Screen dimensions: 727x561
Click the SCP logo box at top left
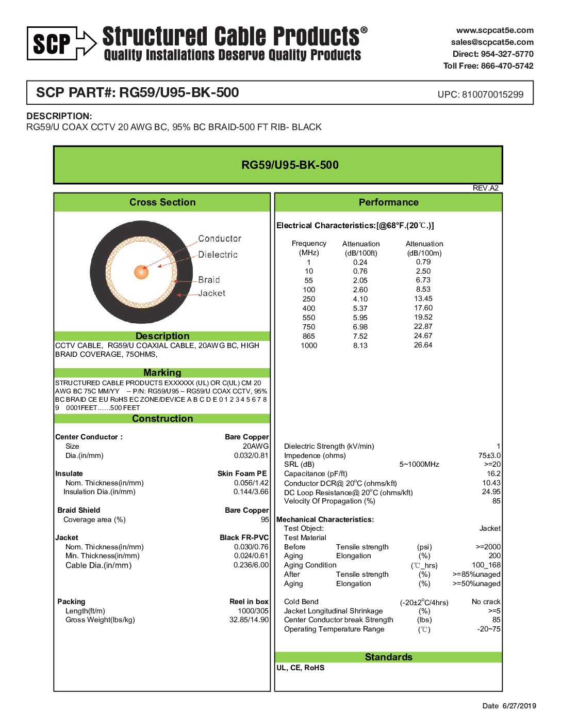(x=52, y=43)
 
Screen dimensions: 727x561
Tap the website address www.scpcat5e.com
(x=494, y=30)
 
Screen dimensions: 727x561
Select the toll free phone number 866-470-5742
(x=507, y=66)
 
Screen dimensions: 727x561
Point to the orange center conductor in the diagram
(x=141, y=272)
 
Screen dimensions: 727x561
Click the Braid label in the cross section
(x=209, y=280)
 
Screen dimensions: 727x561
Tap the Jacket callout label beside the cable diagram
(x=211, y=293)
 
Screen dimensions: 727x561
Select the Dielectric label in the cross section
(x=218, y=255)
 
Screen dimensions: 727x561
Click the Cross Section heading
(x=162, y=202)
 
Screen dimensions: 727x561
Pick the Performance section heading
(x=388, y=202)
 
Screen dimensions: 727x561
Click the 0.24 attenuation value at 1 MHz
(x=360, y=262)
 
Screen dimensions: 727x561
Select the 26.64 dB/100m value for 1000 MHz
(x=423, y=345)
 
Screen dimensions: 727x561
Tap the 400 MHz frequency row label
(x=309, y=308)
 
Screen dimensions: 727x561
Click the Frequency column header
(x=309, y=244)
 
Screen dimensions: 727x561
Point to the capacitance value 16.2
(x=493, y=473)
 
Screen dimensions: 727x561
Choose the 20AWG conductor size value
(x=256, y=446)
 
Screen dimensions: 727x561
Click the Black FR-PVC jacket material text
(x=244, y=538)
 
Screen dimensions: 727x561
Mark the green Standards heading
(x=388, y=657)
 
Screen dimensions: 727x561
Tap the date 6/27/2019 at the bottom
(x=519, y=706)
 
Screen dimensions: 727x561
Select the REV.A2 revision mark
(x=485, y=188)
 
